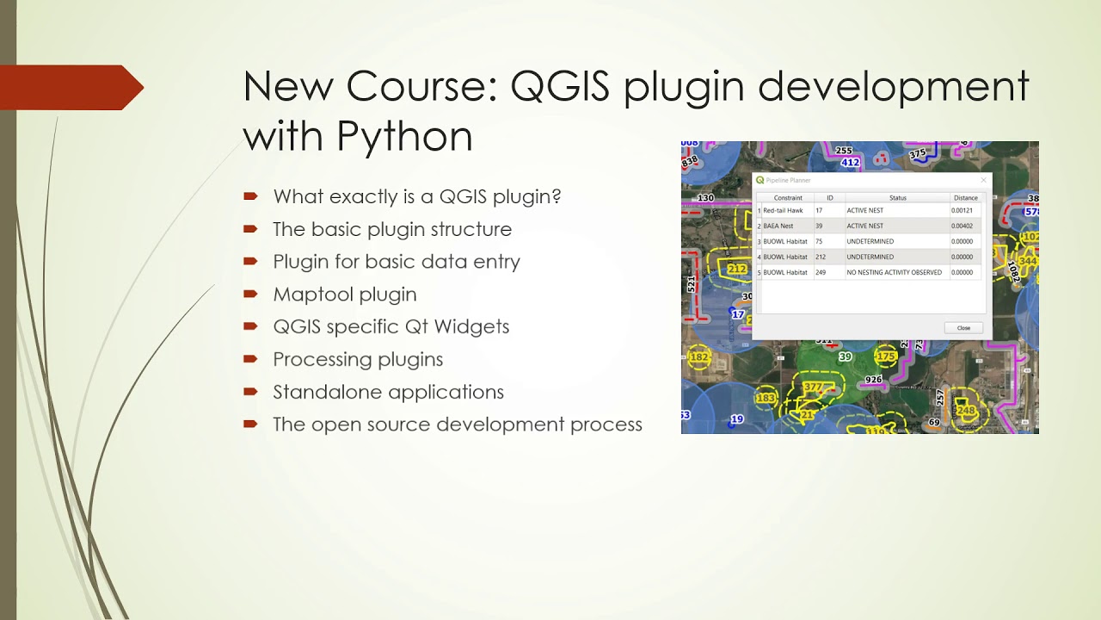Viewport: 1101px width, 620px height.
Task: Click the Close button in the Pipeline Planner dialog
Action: pyautogui.click(x=963, y=328)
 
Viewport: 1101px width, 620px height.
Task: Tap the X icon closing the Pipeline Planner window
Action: pyautogui.click(x=984, y=180)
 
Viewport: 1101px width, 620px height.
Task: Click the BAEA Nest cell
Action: pyautogui.click(x=778, y=226)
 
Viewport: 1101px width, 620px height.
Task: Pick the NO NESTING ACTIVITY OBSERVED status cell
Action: pyautogui.click(x=894, y=273)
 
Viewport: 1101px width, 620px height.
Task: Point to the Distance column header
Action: pyautogui.click(x=965, y=198)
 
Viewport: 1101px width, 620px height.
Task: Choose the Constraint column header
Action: pyautogui.click(x=788, y=198)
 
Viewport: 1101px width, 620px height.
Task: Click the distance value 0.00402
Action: pyautogui.click(x=962, y=226)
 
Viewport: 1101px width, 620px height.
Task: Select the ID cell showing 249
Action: pyautogui.click(x=820, y=273)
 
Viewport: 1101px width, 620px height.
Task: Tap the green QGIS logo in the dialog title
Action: pyautogui.click(x=760, y=180)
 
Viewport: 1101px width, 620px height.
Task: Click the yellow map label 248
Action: pyautogui.click(x=966, y=411)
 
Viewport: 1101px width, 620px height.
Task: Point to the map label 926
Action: pyautogui.click(x=873, y=380)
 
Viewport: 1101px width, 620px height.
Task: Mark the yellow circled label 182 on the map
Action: pyautogui.click(x=699, y=357)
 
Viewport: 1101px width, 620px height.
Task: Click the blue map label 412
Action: pyautogui.click(x=850, y=163)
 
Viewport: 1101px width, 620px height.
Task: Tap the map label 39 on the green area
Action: pyautogui.click(x=845, y=357)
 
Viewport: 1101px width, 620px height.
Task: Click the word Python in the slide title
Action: pyautogui.click(x=404, y=136)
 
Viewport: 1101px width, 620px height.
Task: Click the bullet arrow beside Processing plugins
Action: pyautogui.click(x=250, y=358)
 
